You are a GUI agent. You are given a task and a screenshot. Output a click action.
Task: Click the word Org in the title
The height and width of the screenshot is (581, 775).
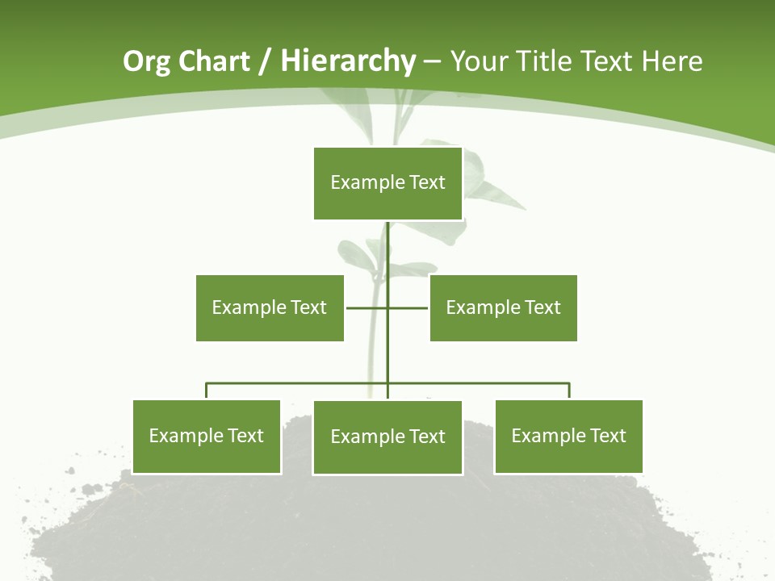(146, 62)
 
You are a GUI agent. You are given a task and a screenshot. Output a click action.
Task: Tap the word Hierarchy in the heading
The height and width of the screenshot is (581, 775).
(347, 62)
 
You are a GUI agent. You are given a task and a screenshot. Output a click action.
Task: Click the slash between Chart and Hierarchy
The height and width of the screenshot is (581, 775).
(264, 62)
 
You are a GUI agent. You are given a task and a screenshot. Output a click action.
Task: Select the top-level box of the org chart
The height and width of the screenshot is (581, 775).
(387, 183)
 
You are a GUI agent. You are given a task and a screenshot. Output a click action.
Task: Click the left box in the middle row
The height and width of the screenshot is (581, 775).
(270, 307)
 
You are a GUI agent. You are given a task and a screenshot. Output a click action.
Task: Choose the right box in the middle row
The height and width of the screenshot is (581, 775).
(503, 307)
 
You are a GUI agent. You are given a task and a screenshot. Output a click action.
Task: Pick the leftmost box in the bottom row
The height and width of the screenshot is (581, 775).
(207, 437)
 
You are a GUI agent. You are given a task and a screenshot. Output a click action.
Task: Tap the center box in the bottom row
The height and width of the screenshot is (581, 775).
(387, 437)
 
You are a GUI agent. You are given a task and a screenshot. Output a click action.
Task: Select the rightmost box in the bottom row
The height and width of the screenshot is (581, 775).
(568, 437)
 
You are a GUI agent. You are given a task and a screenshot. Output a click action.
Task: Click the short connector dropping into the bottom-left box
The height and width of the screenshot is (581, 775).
(207, 391)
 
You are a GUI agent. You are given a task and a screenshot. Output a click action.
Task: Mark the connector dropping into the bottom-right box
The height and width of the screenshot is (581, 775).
(569, 391)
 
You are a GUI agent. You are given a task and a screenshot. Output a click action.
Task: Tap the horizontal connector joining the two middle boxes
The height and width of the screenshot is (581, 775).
(367, 307)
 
